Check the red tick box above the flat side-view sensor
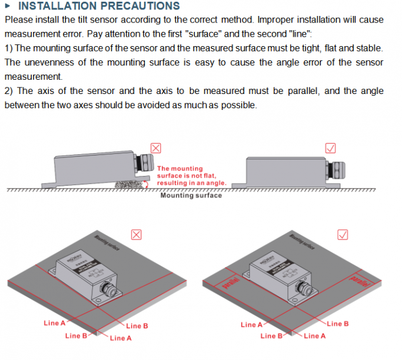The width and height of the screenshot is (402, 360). point(331,148)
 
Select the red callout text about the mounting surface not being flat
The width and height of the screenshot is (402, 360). point(190,176)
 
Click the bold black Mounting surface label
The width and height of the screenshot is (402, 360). point(191,195)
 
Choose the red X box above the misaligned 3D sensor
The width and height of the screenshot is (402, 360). point(136,235)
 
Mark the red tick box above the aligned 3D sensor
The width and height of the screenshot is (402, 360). point(341,235)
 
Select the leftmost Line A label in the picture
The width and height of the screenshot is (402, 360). point(55,323)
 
